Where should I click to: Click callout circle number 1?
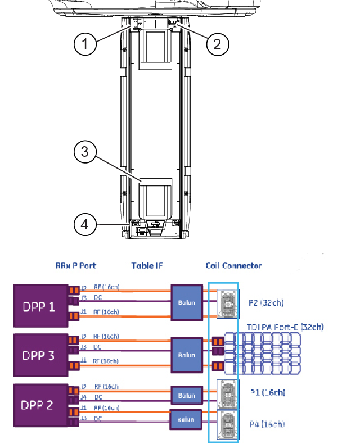85,44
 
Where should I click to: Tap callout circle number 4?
85,224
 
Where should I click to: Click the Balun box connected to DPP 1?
187,302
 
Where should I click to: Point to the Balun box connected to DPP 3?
187,355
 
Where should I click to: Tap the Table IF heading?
147,265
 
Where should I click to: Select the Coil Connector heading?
233,265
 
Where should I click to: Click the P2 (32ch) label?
266,303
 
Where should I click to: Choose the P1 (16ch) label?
267,392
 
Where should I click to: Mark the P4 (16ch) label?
267,424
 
